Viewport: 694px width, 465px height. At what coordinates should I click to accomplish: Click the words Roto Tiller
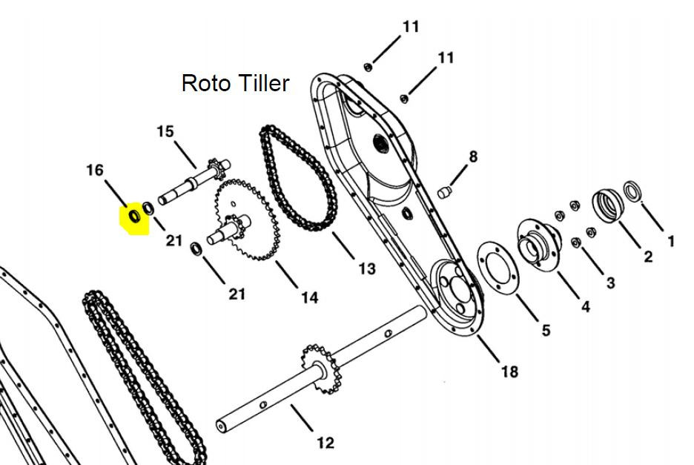click(236, 83)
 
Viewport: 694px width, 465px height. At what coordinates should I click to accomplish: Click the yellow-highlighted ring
click(134, 216)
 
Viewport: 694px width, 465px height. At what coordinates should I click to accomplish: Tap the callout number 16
click(95, 170)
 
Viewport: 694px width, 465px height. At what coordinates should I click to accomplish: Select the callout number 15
click(165, 131)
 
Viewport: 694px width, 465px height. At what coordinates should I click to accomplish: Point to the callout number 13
click(366, 268)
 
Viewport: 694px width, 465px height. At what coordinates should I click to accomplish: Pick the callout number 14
click(310, 297)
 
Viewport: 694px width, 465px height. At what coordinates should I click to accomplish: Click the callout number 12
click(325, 443)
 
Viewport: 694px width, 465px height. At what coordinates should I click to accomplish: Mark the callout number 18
click(509, 371)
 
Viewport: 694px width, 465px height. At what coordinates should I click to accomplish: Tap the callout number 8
click(473, 156)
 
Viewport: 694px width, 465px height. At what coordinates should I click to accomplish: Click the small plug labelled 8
click(444, 192)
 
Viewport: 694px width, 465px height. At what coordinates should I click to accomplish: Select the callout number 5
click(546, 330)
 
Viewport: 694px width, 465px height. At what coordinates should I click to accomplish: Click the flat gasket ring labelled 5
click(498, 268)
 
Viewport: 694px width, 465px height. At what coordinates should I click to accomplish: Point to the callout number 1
click(671, 241)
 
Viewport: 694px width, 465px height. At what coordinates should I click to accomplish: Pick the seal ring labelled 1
click(632, 191)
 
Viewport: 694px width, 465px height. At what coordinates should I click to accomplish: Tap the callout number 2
click(649, 257)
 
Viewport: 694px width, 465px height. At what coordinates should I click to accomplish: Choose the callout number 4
click(585, 306)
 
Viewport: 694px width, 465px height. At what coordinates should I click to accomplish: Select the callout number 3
click(611, 283)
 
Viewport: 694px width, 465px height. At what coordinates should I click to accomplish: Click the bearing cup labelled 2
click(608, 205)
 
